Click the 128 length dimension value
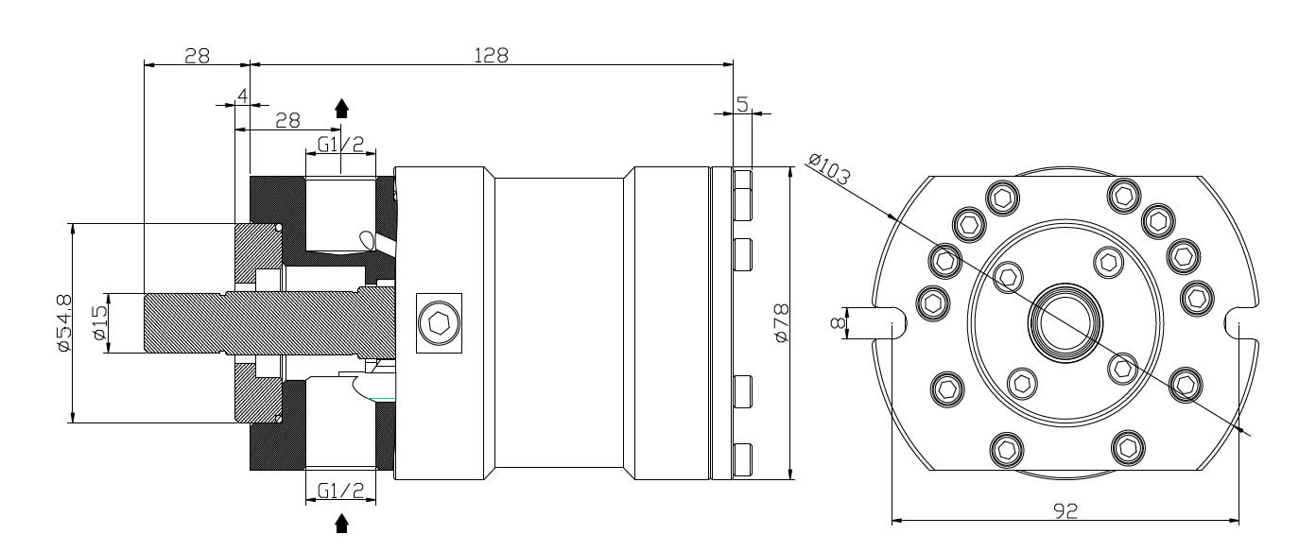click(492, 56)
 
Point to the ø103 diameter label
click(830, 169)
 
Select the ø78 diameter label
click(782, 323)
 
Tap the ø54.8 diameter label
click(64, 323)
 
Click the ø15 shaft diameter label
click(100, 323)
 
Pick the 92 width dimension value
click(1065, 510)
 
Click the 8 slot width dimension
click(839, 322)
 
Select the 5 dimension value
click(743, 104)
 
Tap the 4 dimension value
click(243, 95)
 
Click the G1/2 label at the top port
click(341, 145)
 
